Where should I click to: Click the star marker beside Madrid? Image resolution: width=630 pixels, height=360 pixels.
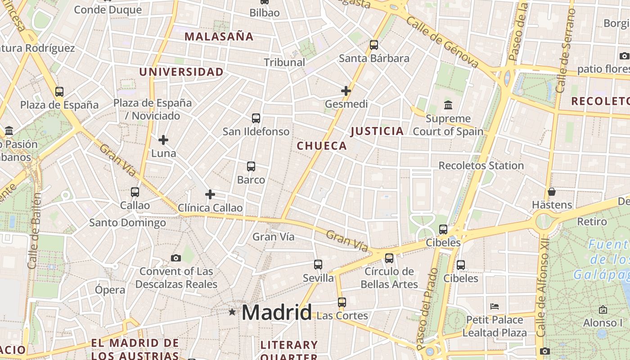click(232, 311)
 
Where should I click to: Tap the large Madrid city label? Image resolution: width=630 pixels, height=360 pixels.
click(277, 312)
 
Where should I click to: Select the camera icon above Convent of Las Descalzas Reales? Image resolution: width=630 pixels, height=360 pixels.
click(176, 258)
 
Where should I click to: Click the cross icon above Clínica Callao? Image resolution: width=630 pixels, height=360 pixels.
click(210, 194)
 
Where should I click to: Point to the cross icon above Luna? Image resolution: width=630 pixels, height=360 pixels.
click(163, 140)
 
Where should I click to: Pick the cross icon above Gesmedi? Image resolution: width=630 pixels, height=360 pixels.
click(346, 91)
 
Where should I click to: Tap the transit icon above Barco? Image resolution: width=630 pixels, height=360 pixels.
click(251, 166)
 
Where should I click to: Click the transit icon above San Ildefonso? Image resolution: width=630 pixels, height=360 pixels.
click(256, 118)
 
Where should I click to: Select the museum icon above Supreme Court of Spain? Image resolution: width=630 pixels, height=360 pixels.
click(448, 105)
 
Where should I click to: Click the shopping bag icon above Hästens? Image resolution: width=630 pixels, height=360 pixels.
click(552, 192)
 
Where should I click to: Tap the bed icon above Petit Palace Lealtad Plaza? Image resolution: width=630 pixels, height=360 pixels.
click(495, 306)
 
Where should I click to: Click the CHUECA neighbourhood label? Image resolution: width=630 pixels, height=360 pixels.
click(322, 146)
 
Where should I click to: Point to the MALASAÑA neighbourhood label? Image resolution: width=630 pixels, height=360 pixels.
click(219, 37)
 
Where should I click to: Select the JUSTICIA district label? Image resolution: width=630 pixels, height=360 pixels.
click(377, 131)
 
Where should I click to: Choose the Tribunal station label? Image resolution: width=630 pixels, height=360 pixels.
click(284, 63)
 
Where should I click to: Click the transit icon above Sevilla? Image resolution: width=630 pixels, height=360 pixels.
click(318, 265)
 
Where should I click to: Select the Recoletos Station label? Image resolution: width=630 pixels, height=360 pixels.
click(481, 166)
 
